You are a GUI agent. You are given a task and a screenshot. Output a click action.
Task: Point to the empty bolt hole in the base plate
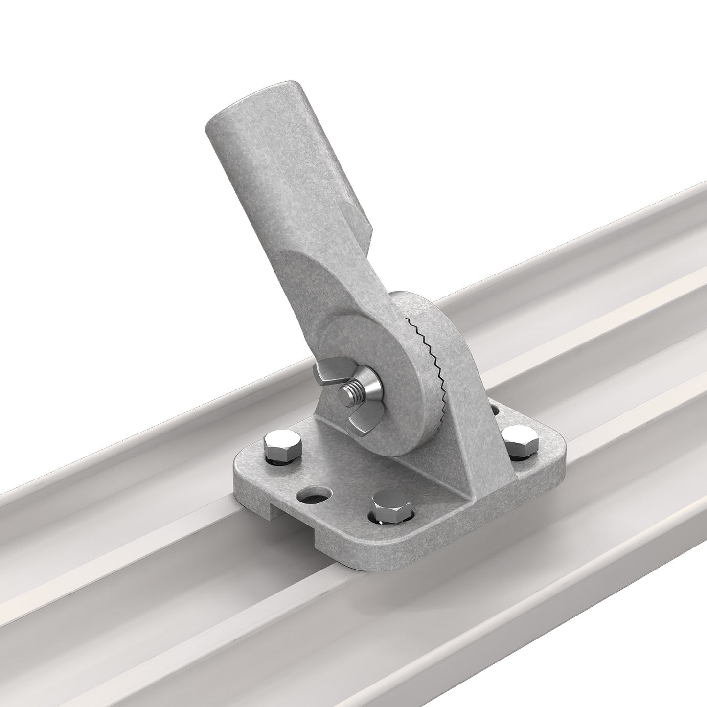[x=313, y=495]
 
